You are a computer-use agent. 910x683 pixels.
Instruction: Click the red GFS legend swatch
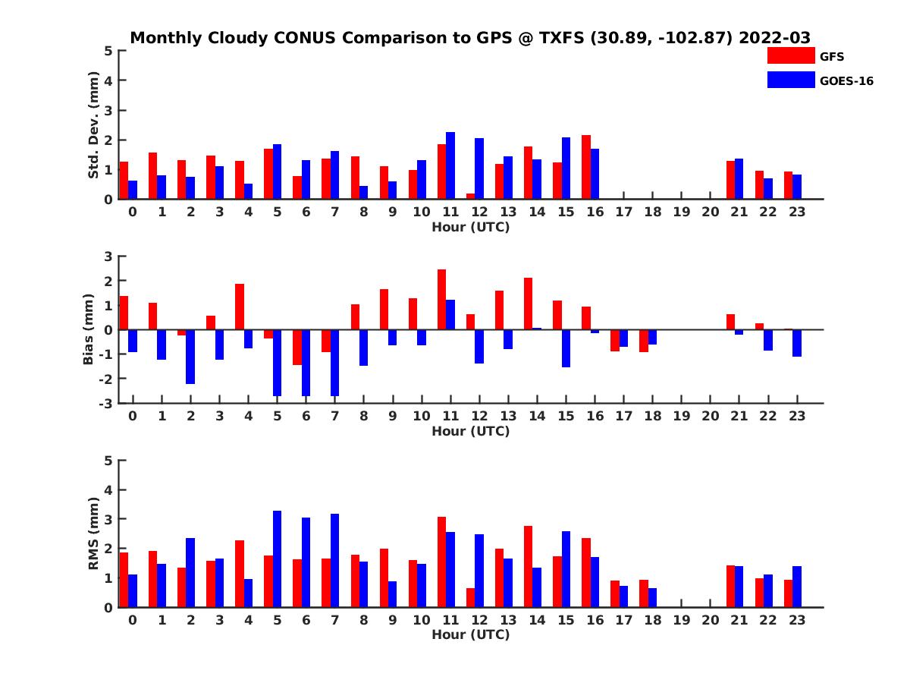pos(790,56)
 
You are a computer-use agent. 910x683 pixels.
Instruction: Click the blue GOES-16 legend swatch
pos(790,80)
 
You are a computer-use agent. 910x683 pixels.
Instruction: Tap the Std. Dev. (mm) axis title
pos(94,124)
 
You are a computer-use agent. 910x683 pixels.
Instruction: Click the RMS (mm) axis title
pos(94,533)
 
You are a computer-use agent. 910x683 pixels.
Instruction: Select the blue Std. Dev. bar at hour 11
pos(450,165)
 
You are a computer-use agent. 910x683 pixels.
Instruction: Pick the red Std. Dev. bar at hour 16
pos(586,167)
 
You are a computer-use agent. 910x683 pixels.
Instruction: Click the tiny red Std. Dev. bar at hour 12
pos(471,196)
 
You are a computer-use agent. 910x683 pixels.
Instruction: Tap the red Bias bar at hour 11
pos(441,299)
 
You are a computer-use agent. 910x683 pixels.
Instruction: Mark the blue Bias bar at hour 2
pos(190,357)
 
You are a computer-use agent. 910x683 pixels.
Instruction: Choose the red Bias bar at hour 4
pos(240,307)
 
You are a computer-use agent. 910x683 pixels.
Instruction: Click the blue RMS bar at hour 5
pos(277,559)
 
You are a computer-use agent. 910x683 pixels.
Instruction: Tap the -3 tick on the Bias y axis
pos(107,403)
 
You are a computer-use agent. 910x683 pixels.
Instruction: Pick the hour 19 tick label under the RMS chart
pos(681,619)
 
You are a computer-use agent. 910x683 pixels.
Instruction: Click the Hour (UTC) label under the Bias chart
pos(470,431)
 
